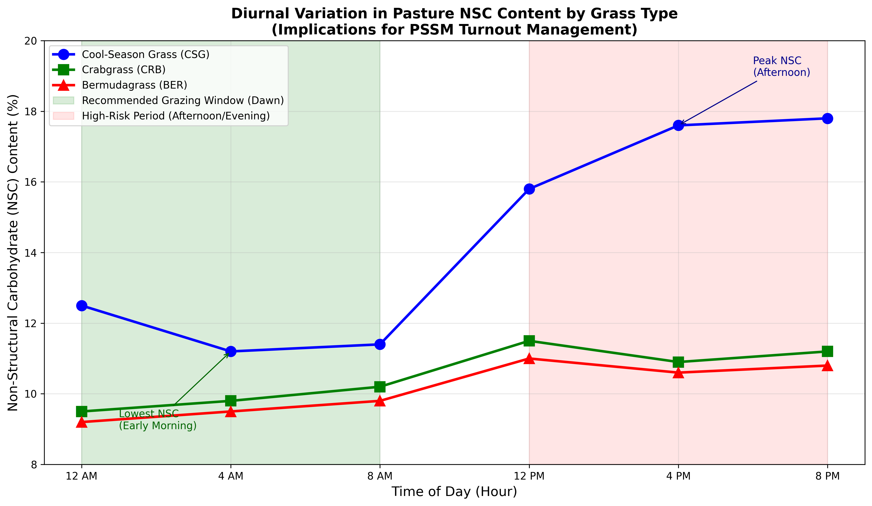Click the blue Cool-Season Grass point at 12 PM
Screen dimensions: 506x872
pos(529,189)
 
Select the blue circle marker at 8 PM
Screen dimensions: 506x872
pos(827,118)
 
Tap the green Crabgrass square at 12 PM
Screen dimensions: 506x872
pos(529,341)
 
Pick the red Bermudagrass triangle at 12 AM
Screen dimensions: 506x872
pos(82,422)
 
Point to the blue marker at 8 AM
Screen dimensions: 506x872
pos(380,344)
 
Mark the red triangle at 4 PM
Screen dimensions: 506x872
pos(678,373)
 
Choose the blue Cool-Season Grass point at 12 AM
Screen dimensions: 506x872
pos(82,305)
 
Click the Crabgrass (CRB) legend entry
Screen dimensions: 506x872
pos(123,70)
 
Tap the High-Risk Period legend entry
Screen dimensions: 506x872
pos(176,116)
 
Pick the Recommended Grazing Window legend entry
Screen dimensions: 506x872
pos(182,100)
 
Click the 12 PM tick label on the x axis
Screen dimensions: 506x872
pos(529,476)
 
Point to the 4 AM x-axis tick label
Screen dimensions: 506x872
pos(231,476)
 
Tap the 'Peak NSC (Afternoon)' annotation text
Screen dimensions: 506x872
pos(781,67)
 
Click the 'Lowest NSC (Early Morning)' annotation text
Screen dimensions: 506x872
pos(157,420)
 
